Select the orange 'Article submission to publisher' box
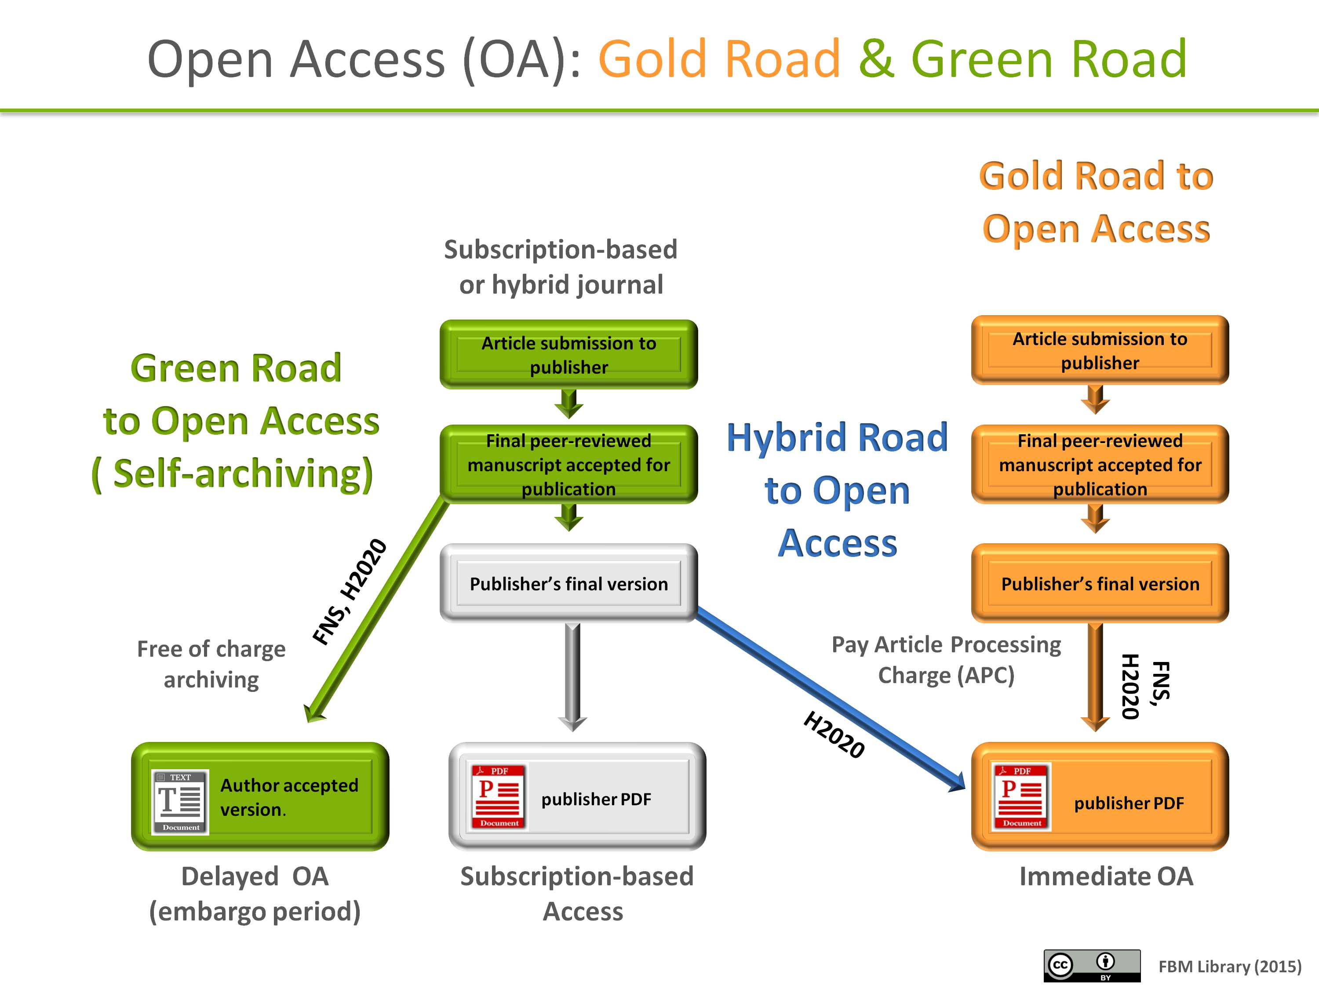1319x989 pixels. (x=1100, y=350)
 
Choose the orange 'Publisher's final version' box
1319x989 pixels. (x=1100, y=583)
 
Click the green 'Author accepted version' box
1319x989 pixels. (x=260, y=796)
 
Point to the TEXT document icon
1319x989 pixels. (x=180, y=801)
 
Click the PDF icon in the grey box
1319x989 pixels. (x=499, y=796)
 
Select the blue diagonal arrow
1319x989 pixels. (x=829, y=698)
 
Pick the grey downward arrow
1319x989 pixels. (x=572, y=676)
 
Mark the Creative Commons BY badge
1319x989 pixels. (x=1091, y=966)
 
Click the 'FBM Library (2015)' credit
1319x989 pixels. (x=1230, y=966)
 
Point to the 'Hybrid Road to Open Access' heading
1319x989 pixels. (x=837, y=489)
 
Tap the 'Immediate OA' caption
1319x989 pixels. (x=1106, y=876)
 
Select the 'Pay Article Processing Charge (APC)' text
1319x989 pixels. (x=946, y=660)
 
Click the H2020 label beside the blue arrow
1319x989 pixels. (x=834, y=734)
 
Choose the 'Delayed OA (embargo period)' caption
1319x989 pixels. (x=255, y=894)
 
